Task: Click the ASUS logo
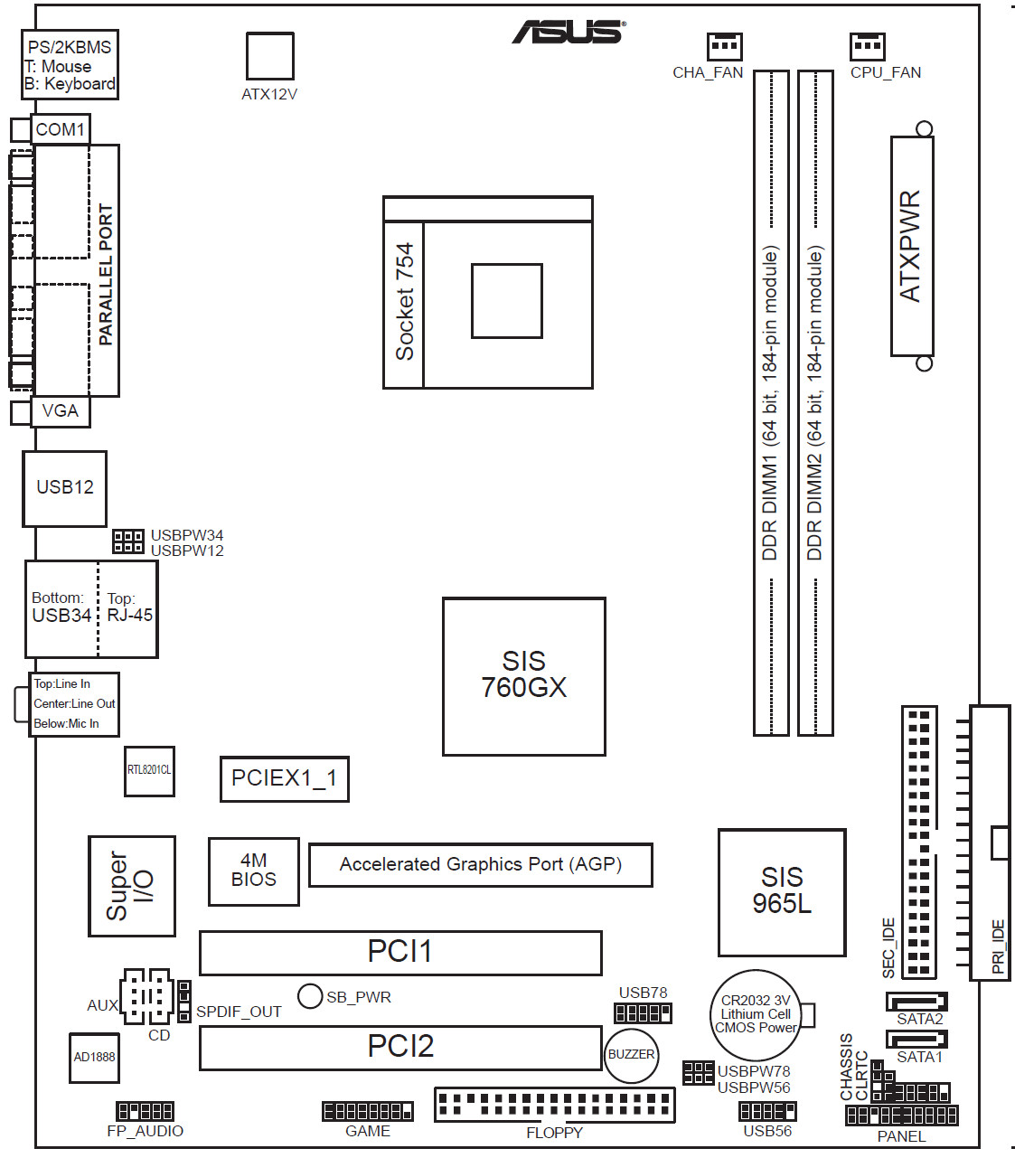(569, 32)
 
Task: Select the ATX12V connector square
(269, 56)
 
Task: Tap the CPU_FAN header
(867, 46)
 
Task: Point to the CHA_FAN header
(725, 46)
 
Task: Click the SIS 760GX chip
(523, 676)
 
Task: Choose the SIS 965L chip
(782, 892)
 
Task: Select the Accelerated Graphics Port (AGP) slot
(481, 865)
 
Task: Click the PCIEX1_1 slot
(285, 778)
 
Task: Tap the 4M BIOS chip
(254, 871)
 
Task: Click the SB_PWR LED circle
(310, 996)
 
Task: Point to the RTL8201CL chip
(149, 770)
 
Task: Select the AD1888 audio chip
(94, 1058)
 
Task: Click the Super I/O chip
(131, 885)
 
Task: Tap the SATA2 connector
(916, 1002)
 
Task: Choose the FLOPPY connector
(554, 1105)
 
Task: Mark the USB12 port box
(64, 489)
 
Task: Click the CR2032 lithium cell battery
(756, 1015)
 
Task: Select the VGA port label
(60, 411)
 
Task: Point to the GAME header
(368, 1111)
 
